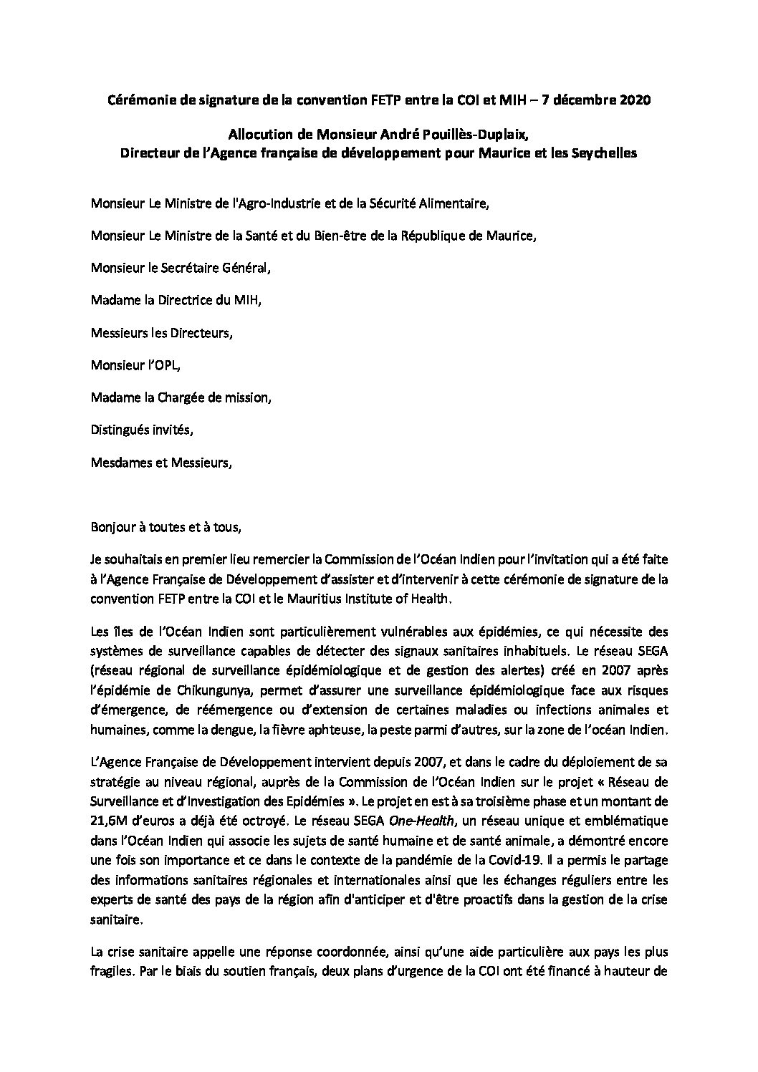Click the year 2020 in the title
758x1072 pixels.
635,101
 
